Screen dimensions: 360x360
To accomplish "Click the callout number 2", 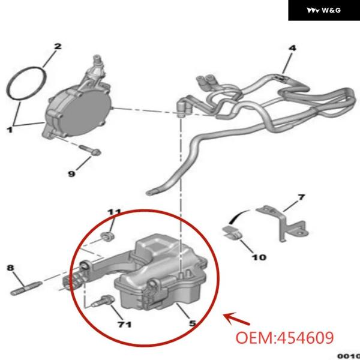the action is [58, 46].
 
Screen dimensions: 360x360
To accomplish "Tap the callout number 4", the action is [292, 48].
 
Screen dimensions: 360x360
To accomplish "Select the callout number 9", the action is [71, 174].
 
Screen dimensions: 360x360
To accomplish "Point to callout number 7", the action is [301, 197].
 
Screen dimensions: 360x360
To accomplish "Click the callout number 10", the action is [259, 257].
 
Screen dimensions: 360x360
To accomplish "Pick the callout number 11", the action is [114, 212].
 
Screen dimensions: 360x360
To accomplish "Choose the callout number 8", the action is [10, 268].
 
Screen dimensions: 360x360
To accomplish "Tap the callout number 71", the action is [124, 325].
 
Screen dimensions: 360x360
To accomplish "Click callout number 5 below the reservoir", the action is [193, 323].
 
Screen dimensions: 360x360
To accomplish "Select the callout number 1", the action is [10, 130].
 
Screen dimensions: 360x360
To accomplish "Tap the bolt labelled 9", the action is [90, 149].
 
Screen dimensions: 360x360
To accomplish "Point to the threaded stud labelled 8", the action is [26, 288].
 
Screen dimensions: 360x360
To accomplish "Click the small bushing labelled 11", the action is [107, 236].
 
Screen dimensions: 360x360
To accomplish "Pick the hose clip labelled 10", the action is [232, 232].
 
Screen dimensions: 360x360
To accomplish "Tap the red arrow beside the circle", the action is [236, 319].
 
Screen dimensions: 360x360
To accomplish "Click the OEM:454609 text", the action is [284, 338].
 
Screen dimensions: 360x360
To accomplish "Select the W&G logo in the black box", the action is [324, 10].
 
